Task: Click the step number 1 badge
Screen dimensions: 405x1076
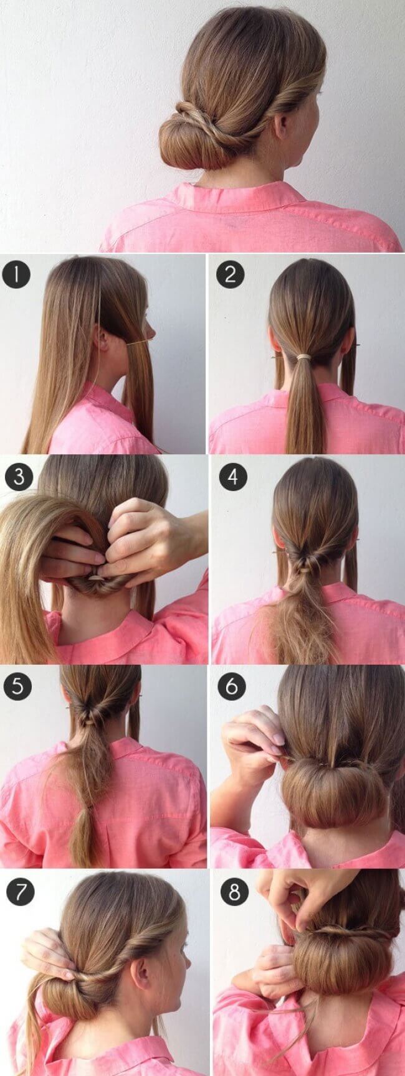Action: point(16,274)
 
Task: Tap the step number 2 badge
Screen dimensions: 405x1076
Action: point(230,274)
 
